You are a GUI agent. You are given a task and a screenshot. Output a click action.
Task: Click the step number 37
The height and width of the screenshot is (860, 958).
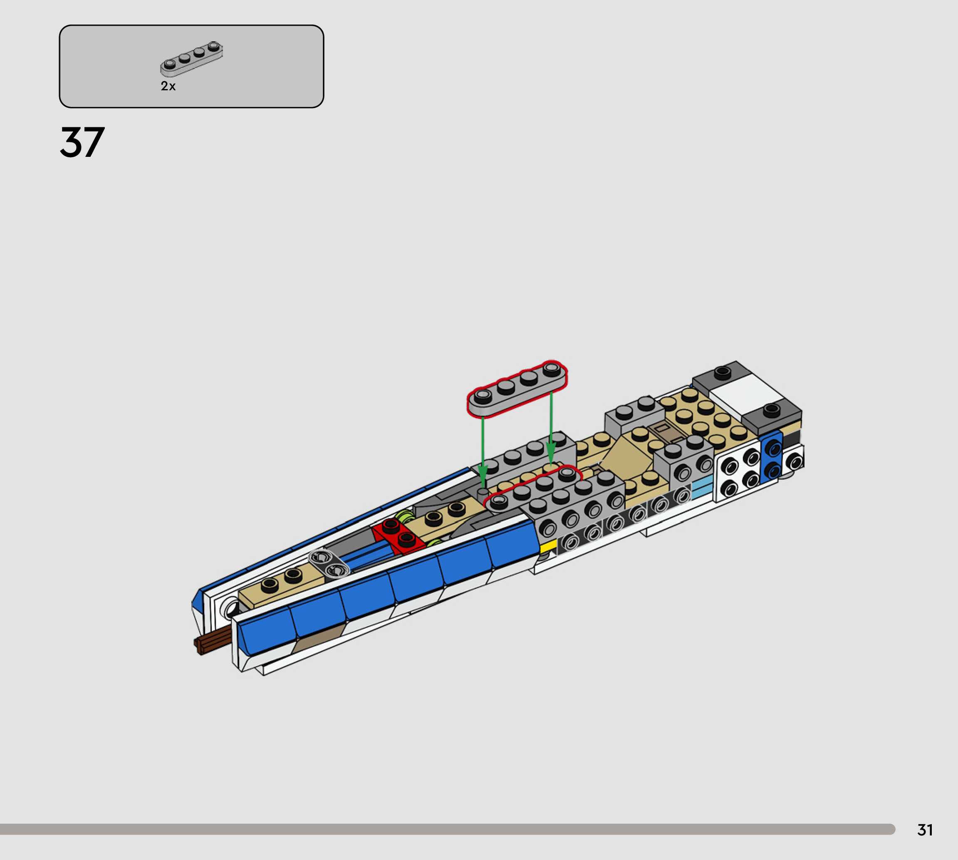click(82, 142)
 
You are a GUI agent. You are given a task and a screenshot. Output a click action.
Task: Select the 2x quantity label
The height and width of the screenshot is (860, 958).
click(168, 86)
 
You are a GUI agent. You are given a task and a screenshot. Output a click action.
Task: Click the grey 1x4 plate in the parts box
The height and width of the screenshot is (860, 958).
click(191, 59)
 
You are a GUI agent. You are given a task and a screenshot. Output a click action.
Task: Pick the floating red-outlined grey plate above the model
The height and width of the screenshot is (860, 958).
click(517, 389)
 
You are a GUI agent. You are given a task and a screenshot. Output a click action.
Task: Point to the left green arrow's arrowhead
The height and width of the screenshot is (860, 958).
click(482, 474)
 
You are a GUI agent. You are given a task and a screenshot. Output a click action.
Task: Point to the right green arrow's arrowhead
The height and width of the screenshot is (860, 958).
click(551, 454)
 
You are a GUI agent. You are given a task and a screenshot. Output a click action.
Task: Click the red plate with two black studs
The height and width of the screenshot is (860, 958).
click(398, 535)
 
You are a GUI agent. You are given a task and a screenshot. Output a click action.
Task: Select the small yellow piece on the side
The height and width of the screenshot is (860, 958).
click(548, 546)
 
